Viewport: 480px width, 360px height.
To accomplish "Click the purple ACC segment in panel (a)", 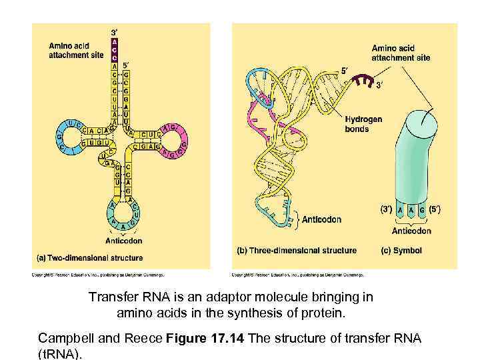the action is pyautogui.click(x=114, y=48).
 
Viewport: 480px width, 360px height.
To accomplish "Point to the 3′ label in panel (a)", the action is pyautogui.click(x=115, y=31).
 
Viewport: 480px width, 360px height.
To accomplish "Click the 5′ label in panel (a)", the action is pyautogui.click(x=127, y=65).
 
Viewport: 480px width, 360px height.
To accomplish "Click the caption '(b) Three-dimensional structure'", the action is pyautogui.click(x=297, y=251).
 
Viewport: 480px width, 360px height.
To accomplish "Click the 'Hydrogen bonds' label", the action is pyautogui.click(x=363, y=123).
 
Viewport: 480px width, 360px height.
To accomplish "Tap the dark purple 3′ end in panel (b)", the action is pyautogui.click(x=362, y=80).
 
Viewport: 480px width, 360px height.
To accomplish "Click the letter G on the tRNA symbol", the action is pyautogui.click(x=422, y=209).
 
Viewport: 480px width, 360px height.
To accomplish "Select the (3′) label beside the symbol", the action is pyautogui.click(x=386, y=209).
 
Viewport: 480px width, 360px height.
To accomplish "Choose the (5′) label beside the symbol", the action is pyautogui.click(x=435, y=209).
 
